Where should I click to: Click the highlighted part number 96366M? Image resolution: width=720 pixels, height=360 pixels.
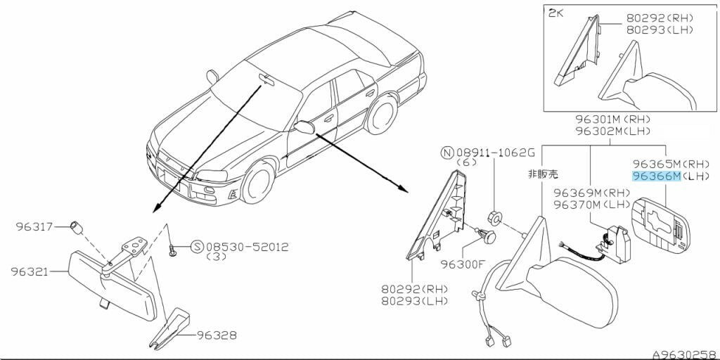[656, 176]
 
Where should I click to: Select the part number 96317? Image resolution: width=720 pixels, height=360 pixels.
[34, 226]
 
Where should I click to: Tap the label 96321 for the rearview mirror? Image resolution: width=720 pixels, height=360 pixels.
[30, 271]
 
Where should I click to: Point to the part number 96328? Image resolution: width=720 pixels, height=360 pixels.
[217, 335]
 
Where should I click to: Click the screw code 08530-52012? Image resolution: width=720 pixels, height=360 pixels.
[247, 247]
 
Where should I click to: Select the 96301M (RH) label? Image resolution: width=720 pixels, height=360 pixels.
[613, 120]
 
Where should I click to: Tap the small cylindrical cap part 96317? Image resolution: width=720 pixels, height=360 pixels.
[76, 227]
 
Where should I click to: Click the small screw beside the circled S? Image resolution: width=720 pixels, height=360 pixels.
[173, 251]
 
